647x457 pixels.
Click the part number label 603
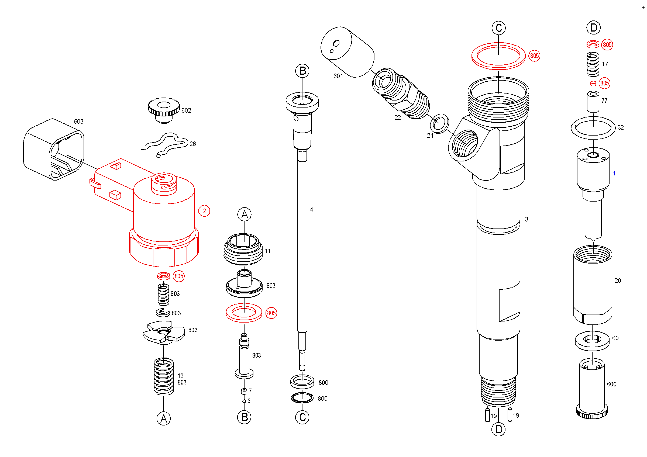pos(79,121)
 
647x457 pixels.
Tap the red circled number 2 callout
pos(204,211)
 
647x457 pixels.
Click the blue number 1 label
pos(614,174)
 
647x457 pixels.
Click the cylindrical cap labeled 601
pos(347,52)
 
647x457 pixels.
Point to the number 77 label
pos(604,101)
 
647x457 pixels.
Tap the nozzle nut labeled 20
pos(593,284)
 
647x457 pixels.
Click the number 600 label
pos(611,384)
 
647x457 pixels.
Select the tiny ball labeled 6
pos(244,401)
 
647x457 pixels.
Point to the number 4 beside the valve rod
pos(311,209)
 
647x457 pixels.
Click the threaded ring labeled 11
pos(243,249)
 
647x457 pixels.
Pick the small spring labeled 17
pos(593,64)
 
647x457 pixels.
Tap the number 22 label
pos(398,118)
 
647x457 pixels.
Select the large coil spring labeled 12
pos(164,376)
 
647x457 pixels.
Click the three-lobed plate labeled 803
pos(164,333)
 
